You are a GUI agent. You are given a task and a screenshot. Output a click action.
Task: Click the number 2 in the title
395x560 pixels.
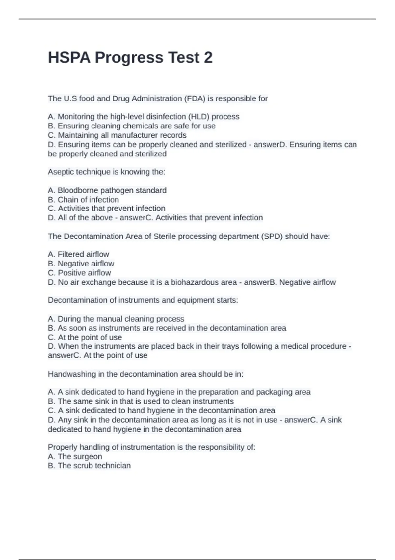coord(208,58)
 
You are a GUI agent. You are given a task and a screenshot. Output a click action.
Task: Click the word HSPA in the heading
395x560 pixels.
coord(69,58)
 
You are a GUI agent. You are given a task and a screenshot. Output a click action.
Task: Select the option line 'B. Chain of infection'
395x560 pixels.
coord(83,200)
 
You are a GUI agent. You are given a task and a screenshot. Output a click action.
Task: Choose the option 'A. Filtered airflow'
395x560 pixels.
coord(78,254)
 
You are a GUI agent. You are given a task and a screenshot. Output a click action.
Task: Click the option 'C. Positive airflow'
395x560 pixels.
coord(79,273)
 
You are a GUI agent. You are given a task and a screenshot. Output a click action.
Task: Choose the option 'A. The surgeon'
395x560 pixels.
coord(75,457)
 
